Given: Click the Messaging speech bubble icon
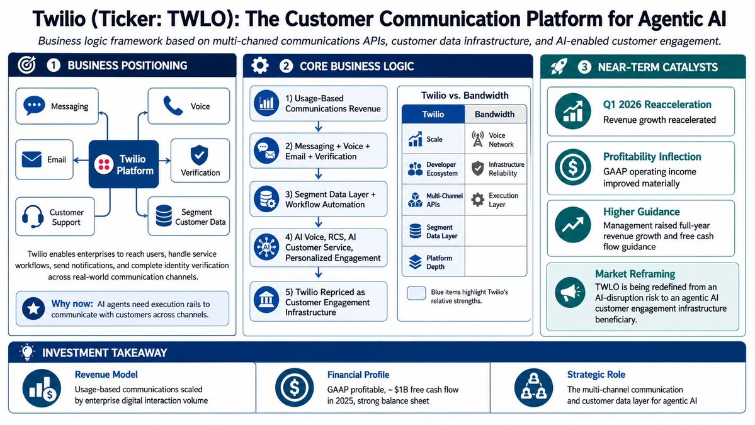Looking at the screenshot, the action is [34, 105].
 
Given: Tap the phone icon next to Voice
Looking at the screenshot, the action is [173, 106].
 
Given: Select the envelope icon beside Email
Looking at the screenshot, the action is [31, 159].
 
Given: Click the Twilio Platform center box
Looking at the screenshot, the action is [124, 164].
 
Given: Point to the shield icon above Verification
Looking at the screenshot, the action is [200, 155].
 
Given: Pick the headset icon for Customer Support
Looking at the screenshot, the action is [33, 217].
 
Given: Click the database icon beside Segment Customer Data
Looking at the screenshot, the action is [164, 215].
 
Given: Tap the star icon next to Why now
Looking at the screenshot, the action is [34, 308].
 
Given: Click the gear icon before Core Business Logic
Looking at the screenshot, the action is [260, 65].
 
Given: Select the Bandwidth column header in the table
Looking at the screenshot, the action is [495, 114].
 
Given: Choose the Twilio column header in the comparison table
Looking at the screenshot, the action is [433, 114].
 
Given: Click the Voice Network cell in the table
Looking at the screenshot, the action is [496, 140].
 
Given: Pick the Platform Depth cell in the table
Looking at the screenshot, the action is [433, 263].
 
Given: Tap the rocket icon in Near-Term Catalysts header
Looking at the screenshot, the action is [559, 66].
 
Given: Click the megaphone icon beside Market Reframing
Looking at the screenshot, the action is [570, 292].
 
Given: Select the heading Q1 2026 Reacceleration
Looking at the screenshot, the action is [657, 105].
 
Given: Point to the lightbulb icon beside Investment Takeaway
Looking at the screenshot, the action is [27, 353].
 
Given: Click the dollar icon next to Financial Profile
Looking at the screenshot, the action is [294, 387].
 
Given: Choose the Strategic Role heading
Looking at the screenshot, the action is [596, 375].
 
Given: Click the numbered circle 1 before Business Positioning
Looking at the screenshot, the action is [54, 65].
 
